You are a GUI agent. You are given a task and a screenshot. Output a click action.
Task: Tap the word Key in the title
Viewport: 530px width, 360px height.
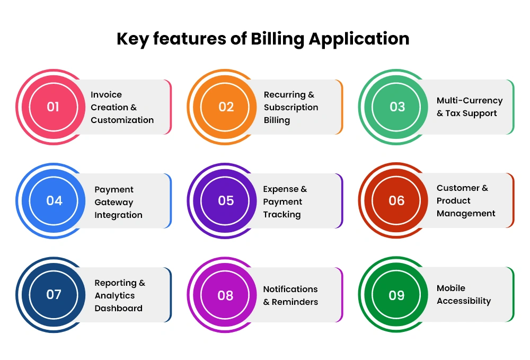[132, 39]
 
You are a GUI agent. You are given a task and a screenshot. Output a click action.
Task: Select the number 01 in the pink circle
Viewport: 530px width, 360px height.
[53, 107]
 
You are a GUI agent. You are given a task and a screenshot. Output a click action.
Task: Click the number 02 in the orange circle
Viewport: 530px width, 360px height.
[226, 107]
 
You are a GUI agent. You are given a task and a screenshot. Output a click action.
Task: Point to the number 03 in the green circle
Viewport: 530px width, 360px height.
[397, 107]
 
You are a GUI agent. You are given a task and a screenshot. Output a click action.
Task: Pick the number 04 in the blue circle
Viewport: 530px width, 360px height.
[54, 201]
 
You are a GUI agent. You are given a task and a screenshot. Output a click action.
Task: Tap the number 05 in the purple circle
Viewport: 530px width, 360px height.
[226, 201]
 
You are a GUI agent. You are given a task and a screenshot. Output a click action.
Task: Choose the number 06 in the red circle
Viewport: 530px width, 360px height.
[396, 201]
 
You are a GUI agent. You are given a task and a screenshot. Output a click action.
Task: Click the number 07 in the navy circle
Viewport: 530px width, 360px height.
[54, 294]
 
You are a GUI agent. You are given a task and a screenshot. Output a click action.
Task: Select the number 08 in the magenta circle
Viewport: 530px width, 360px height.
[225, 295]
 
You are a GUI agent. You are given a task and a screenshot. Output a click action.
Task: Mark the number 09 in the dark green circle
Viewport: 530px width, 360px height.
[396, 295]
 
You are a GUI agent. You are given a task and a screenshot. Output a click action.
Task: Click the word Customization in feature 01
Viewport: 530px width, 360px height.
[122, 120]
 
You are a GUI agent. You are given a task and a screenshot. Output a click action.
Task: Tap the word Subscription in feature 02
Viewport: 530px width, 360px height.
[291, 108]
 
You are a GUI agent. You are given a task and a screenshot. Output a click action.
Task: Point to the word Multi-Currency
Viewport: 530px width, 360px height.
[470, 101]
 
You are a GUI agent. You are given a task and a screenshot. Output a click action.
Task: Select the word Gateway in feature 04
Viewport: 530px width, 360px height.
[114, 203]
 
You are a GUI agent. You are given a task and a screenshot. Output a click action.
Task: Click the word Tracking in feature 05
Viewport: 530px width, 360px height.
[282, 215]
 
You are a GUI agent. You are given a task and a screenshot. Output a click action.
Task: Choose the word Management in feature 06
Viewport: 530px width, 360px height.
[466, 214]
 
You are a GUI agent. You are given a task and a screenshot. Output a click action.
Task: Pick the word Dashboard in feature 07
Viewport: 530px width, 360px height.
[118, 308]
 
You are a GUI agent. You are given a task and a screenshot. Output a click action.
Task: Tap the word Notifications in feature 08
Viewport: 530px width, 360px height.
[290, 289]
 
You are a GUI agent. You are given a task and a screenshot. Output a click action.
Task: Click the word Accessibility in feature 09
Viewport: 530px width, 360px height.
[464, 301]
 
